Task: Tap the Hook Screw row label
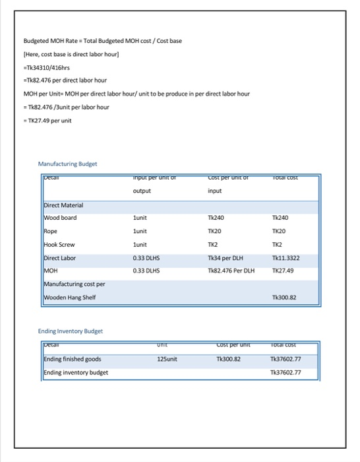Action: pos(59,244)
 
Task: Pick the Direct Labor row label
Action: pos(60,257)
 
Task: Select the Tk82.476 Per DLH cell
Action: pos(230,269)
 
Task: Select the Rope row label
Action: pos(51,232)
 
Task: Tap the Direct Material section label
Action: pos(63,206)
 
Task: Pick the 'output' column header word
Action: pos(142,191)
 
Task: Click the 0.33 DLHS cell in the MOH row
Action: pos(146,269)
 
